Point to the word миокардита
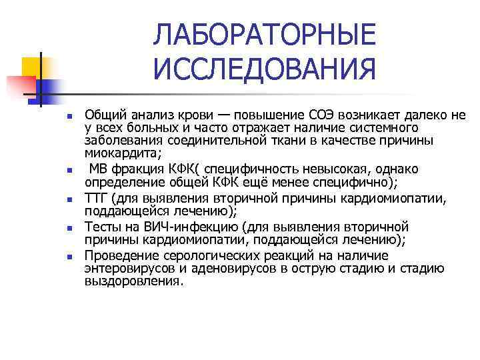click(113, 153)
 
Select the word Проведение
click(118, 256)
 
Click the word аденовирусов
click(233, 269)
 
